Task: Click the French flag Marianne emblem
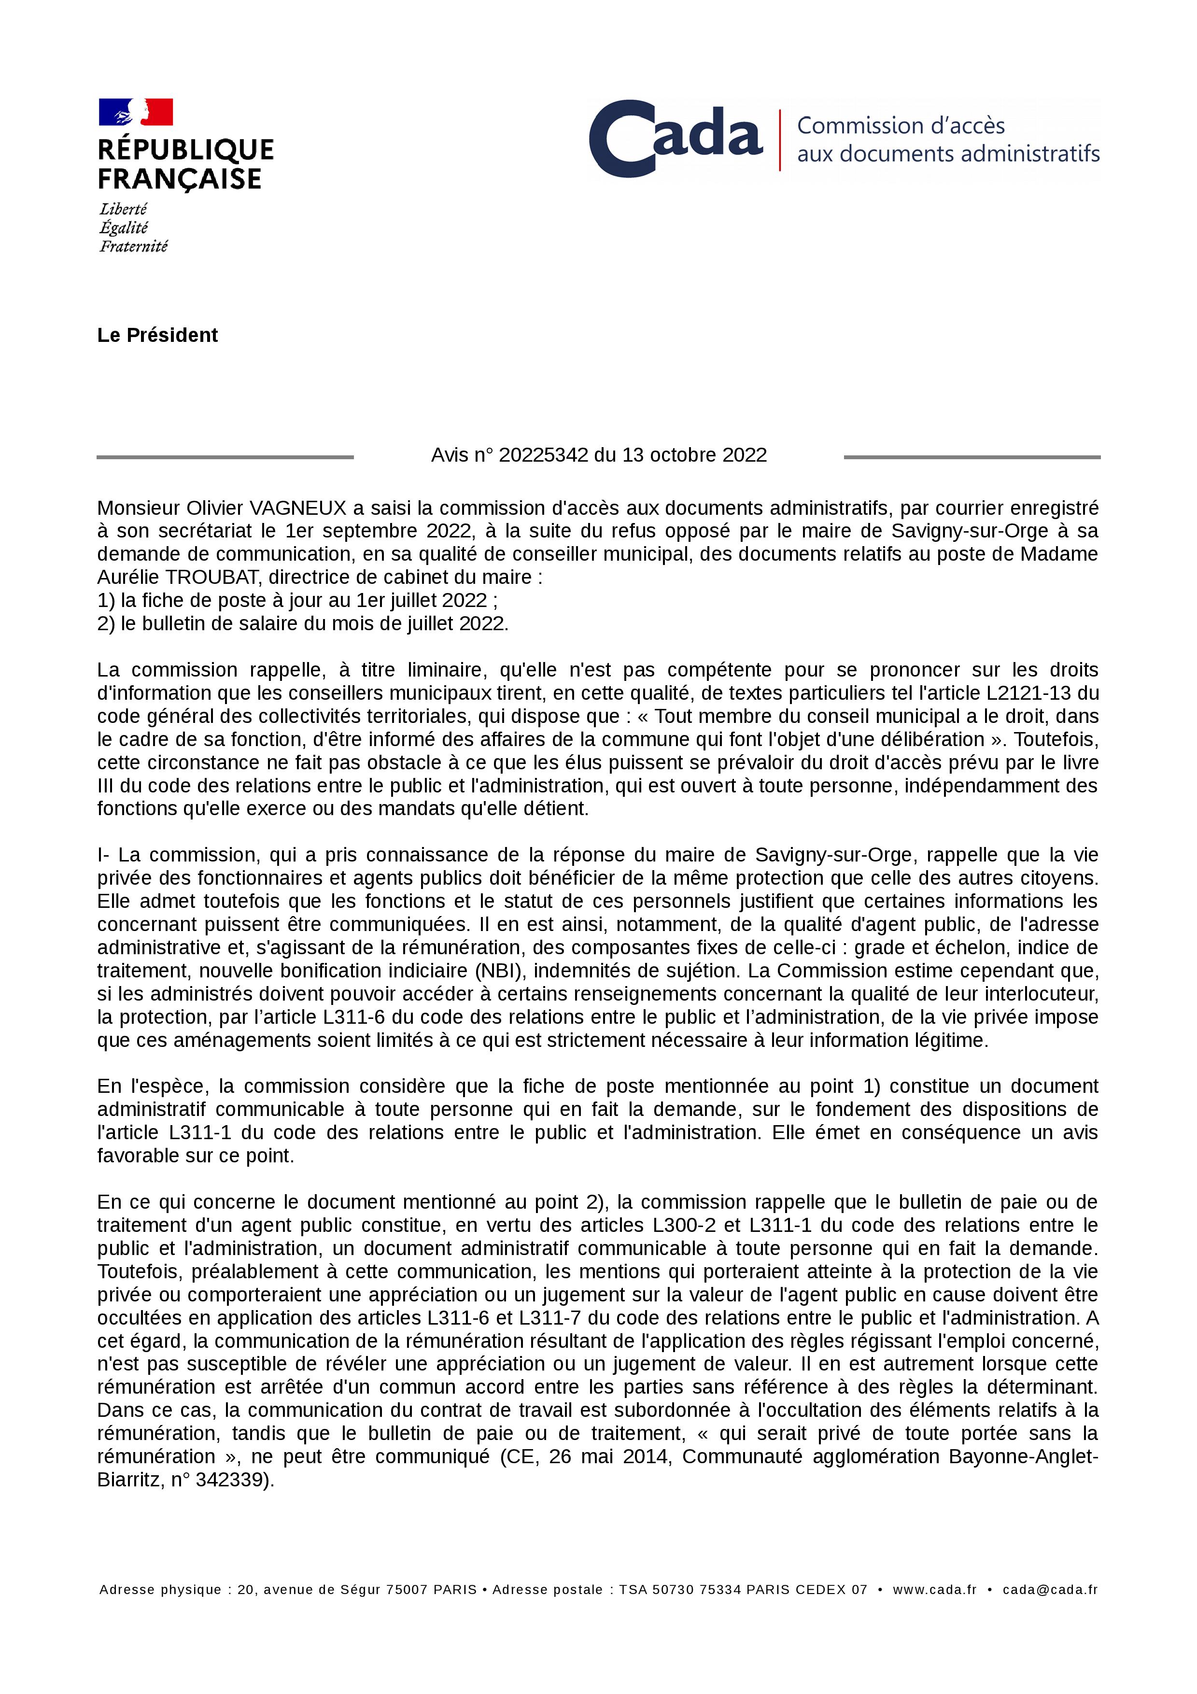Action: (136, 112)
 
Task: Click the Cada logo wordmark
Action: (675, 139)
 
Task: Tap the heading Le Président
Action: (157, 335)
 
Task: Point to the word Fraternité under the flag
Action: (133, 246)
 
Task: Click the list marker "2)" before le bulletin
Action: (106, 623)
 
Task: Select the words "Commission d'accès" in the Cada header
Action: (901, 126)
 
